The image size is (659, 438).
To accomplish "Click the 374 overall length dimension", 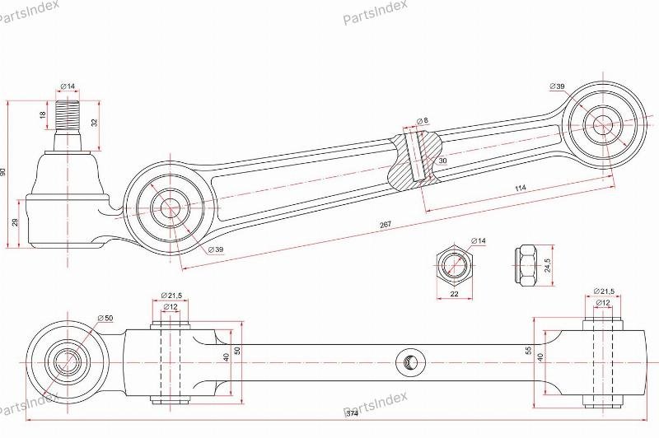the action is click(x=353, y=413).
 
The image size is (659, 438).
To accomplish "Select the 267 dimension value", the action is click(x=385, y=225).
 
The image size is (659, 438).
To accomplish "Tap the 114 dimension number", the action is click(x=521, y=189).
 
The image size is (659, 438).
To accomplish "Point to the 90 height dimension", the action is click(x=4, y=172).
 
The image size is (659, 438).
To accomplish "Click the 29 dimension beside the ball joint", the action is click(x=15, y=222).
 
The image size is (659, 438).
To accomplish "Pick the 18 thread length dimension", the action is click(x=43, y=114).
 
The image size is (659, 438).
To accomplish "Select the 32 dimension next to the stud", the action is click(x=94, y=123).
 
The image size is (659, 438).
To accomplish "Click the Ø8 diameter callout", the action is click(x=422, y=121).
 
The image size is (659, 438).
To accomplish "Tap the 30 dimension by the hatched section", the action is click(x=442, y=161).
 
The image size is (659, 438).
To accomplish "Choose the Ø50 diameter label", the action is click(x=105, y=318).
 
